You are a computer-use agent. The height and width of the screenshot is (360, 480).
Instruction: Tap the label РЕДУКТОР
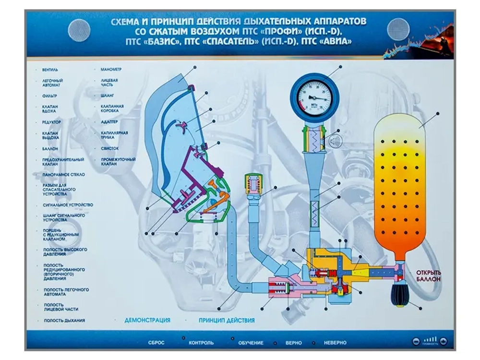(x=51, y=122)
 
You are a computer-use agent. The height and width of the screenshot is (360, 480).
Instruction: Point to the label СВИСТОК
(x=109, y=149)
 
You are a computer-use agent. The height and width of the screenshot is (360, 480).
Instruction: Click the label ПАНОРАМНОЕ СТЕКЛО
(x=63, y=175)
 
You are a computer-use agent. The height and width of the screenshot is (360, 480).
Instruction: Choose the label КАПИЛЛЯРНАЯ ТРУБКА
(x=114, y=135)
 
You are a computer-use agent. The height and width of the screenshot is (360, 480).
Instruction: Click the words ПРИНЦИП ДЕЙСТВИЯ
(x=226, y=320)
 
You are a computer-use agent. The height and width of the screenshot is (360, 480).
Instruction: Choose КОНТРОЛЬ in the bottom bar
(x=201, y=343)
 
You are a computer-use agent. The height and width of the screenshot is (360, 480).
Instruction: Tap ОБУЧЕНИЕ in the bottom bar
(x=251, y=343)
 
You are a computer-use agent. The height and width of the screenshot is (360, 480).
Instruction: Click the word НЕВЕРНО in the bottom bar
(x=335, y=343)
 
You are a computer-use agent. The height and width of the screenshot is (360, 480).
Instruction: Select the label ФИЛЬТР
(x=49, y=96)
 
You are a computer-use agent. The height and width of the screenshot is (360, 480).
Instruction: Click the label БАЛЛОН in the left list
(x=49, y=149)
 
